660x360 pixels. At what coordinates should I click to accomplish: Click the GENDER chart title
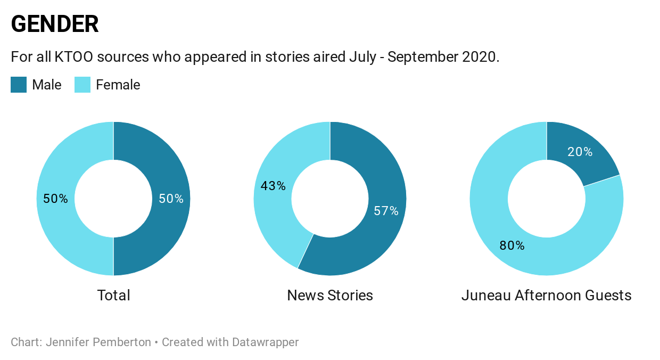point(55,24)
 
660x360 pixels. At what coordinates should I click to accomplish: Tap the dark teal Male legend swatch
point(19,85)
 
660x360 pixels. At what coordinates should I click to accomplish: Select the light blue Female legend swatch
point(82,85)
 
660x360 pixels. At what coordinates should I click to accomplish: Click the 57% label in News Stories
point(386,211)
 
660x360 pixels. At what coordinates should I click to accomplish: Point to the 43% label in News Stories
point(273,186)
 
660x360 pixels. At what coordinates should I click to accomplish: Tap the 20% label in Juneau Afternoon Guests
point(580,152)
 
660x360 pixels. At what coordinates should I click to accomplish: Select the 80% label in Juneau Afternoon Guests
point(512,246)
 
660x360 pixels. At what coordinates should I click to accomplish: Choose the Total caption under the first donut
point(113,295)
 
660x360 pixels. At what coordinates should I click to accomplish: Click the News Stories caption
point(330,295)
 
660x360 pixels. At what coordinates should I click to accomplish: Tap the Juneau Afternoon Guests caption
point(546,295)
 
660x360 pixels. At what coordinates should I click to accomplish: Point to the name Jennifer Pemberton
point(98,342)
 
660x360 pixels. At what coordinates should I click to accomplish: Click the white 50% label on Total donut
point(171,199)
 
